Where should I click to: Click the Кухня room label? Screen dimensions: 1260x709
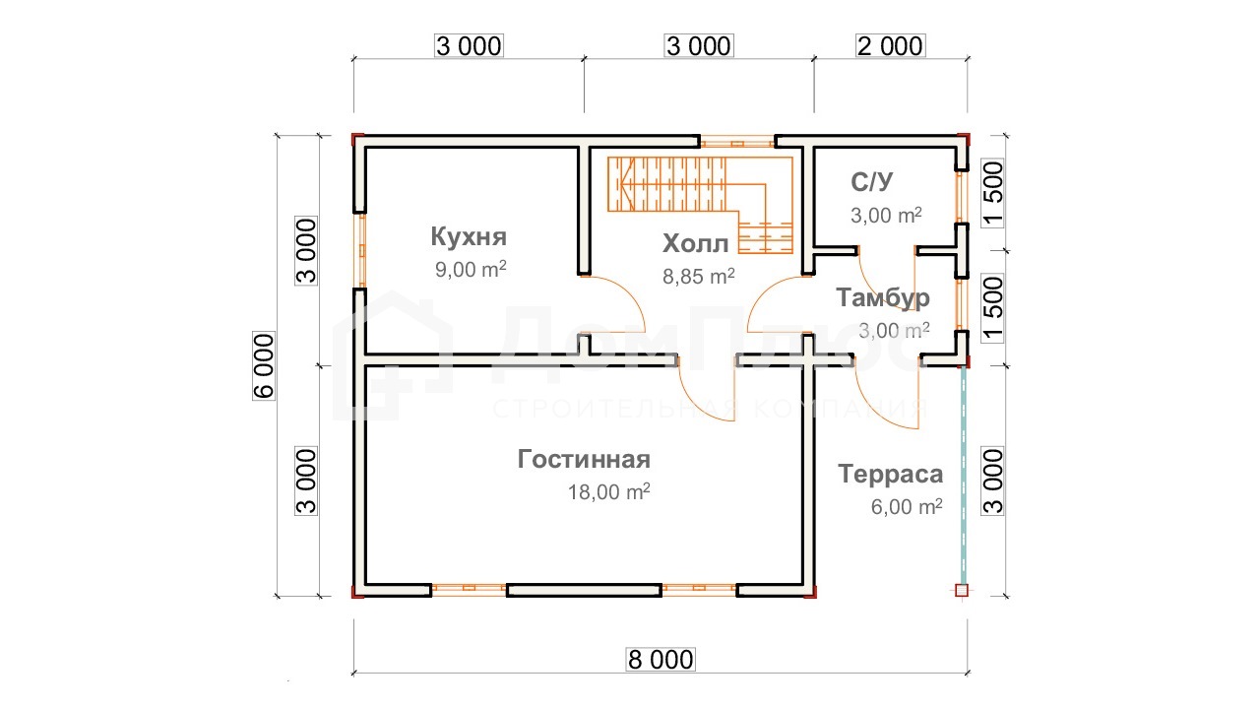point(469,236)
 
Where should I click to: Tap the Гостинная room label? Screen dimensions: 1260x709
point(584,459)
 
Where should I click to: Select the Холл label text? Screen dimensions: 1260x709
point(696,243)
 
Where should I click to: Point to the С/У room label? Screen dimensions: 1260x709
point(872,182)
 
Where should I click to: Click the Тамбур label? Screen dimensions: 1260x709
point(883,297)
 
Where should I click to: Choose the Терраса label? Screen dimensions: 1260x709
point(891,474)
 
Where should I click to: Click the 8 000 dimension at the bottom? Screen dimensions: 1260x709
point(661,660)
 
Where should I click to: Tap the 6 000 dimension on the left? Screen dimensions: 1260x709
point(264,365)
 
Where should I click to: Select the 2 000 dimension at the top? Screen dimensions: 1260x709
point(891,45)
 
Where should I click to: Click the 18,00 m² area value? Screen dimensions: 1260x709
point(609,491)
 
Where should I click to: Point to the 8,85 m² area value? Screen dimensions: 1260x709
point(699,276)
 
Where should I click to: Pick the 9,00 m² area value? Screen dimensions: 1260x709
point(471,269)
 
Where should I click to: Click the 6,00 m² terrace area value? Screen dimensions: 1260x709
point(907,506)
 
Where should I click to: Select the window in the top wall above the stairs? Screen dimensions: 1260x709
point(737,141)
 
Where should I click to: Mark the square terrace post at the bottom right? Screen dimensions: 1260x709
point(962,590)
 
